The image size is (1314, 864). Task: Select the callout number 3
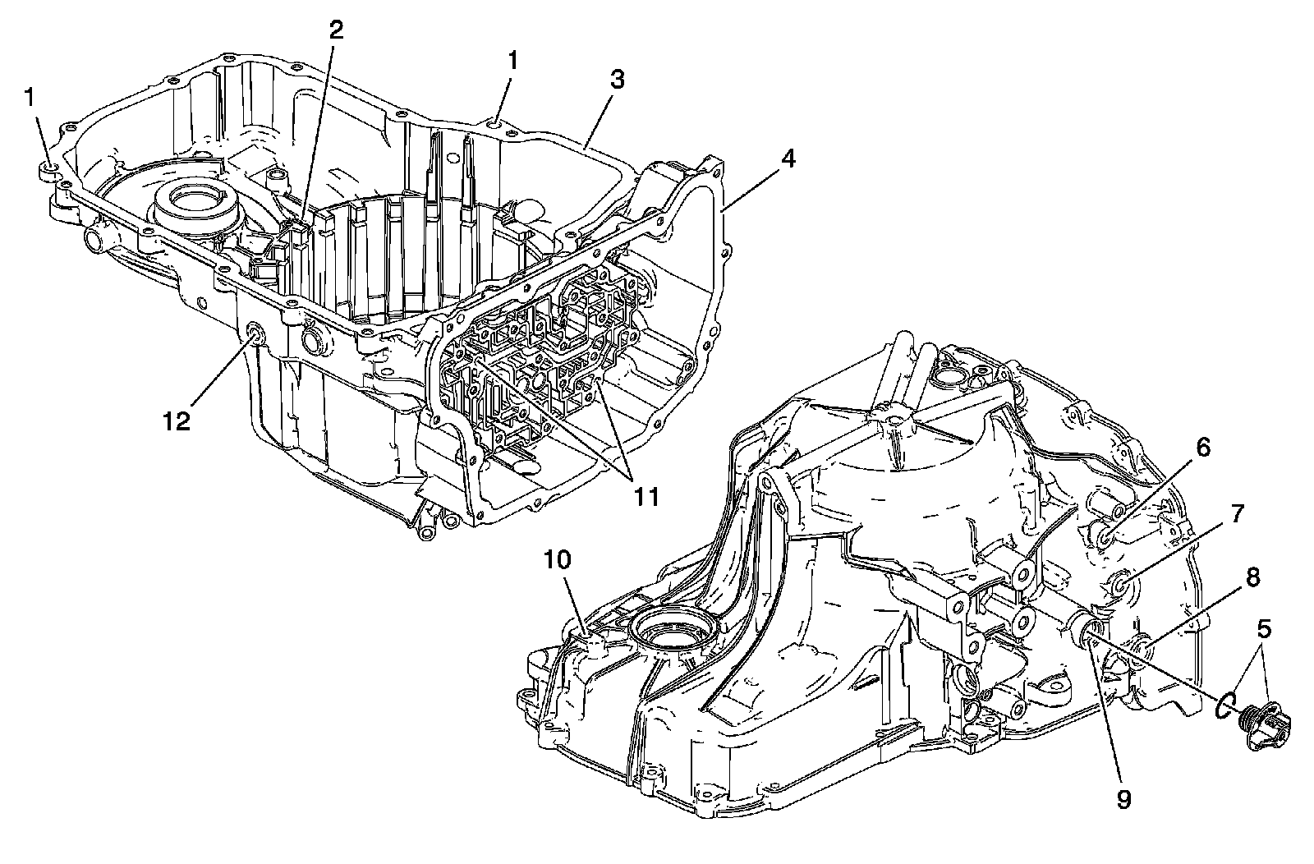click(x=618, y=80)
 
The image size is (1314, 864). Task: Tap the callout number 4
click(x=788, y=159)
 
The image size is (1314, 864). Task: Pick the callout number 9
click(x=1123, y=798)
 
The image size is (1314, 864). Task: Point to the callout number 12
click(x=177, y=422)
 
